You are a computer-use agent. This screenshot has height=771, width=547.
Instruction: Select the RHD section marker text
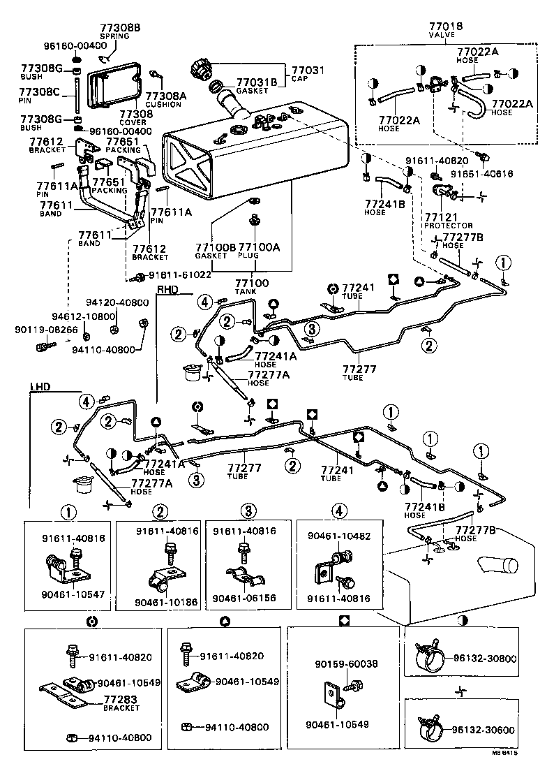(x=167, y=290)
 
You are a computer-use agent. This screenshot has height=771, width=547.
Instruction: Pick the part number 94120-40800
(x=117, y=302)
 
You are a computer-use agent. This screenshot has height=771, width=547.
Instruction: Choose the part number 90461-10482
(x=339, y=537)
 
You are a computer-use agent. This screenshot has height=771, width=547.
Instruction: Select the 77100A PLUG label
(x=259, y=251)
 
